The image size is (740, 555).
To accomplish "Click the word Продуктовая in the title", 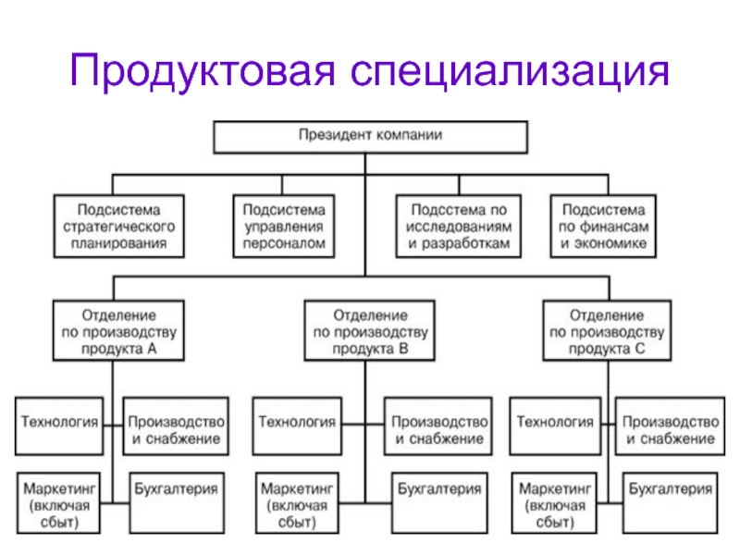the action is coord(203,71).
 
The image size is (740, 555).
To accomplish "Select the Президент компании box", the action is coord(371,137).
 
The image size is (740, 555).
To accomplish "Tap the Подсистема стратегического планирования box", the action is coord(119,226).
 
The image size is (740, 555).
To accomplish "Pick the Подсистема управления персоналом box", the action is coord(284,226).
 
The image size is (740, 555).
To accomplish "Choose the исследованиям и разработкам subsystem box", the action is coord(459,226).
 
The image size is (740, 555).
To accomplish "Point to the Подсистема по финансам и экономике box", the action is coord(604,226).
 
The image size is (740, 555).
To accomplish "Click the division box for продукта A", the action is coord(118,331).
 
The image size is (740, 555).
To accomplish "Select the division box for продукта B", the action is coord(369,331).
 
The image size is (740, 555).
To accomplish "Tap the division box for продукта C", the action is coord(608,331).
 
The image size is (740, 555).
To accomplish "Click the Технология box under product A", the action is coord(59,426).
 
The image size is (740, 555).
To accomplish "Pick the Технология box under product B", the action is coord(297,426).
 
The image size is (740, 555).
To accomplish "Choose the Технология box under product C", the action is coord(556,426).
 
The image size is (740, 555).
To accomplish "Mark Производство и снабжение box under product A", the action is coord(176,426).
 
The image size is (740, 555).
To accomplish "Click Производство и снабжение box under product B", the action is coord(438,426).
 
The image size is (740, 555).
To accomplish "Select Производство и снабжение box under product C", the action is coord(670,426).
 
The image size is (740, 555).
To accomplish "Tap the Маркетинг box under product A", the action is coord(59,503).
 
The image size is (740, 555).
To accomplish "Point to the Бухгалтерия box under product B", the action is coord(439,503).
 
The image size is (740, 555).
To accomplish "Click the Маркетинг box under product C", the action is coord(554,503).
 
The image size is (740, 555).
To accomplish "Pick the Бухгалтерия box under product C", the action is coord(671,503).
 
